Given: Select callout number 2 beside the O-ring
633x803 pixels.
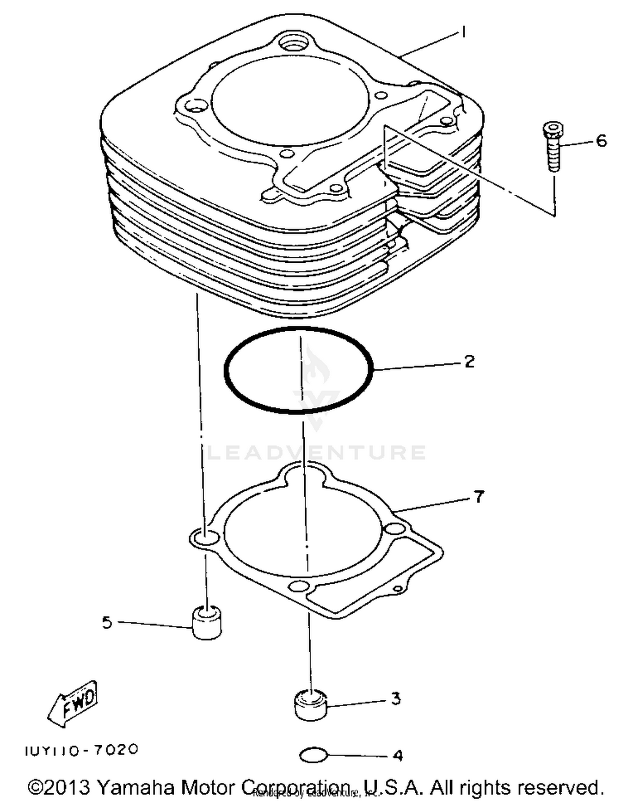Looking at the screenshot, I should [469, 362].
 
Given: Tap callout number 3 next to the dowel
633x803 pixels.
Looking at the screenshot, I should [395, 699].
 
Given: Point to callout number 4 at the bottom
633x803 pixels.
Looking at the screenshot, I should [398, 755].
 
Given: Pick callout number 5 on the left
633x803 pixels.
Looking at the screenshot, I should [107, 622].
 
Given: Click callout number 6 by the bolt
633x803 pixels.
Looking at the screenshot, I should [601, 141].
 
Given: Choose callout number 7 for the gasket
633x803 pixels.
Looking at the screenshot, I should [478, 497].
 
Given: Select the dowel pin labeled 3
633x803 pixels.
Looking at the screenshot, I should [310, 704].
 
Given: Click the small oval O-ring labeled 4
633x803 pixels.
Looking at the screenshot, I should [314, 755].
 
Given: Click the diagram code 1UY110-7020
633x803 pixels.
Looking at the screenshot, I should [81, 750].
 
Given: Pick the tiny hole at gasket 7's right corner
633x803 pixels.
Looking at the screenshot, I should [397, 589].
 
